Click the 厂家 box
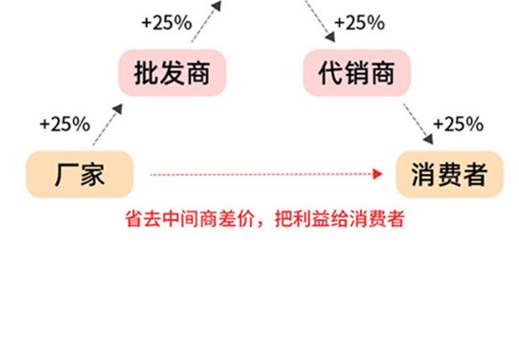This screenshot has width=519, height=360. click(80, 174)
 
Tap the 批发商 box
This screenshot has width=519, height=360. click(172, 73)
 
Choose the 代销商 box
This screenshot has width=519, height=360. click(356, 73)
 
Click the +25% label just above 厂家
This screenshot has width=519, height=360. click(64, 125)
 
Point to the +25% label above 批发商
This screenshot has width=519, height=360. click(166, 23)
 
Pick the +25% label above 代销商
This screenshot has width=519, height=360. click(359, 23)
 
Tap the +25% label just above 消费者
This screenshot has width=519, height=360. click(457, 125)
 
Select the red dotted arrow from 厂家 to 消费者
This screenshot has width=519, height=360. click(263, 174)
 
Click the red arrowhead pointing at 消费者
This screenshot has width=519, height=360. click(378, 174)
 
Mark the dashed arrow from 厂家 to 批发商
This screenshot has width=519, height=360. click(107, 125)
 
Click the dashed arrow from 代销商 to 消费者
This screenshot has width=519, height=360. click(419, 125)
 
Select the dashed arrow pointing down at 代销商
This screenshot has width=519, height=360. click(318, 19)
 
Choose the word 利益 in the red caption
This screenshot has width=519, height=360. click(303, 219)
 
